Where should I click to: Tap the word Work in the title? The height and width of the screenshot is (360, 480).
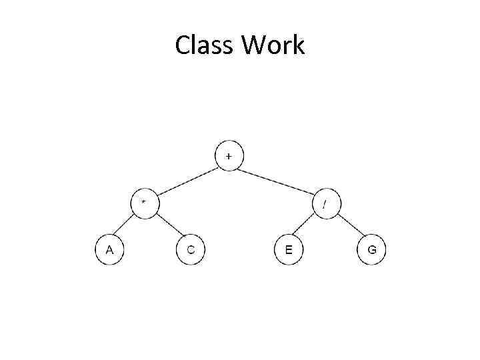pos(273,45)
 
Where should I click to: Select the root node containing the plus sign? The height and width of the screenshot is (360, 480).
pos(229,156)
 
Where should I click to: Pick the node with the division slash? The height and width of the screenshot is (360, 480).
pos(325,203)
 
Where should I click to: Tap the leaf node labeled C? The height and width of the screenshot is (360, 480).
pos(190,250)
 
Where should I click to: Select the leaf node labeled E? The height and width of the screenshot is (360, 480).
pos(288,250)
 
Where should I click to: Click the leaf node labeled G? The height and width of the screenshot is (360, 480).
pos(371,250)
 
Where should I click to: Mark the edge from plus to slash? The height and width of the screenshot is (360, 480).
pos(277,179)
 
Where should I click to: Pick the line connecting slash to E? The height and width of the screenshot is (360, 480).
pos(307,226)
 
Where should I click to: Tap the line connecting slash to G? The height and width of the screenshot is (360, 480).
pos(348,226)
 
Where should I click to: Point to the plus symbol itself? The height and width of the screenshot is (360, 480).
pos(229,156)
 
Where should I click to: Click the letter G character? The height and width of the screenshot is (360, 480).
pos(371,250)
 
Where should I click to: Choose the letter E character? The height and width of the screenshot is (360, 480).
pos(288,250)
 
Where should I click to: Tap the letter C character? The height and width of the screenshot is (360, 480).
pos(190,250)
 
